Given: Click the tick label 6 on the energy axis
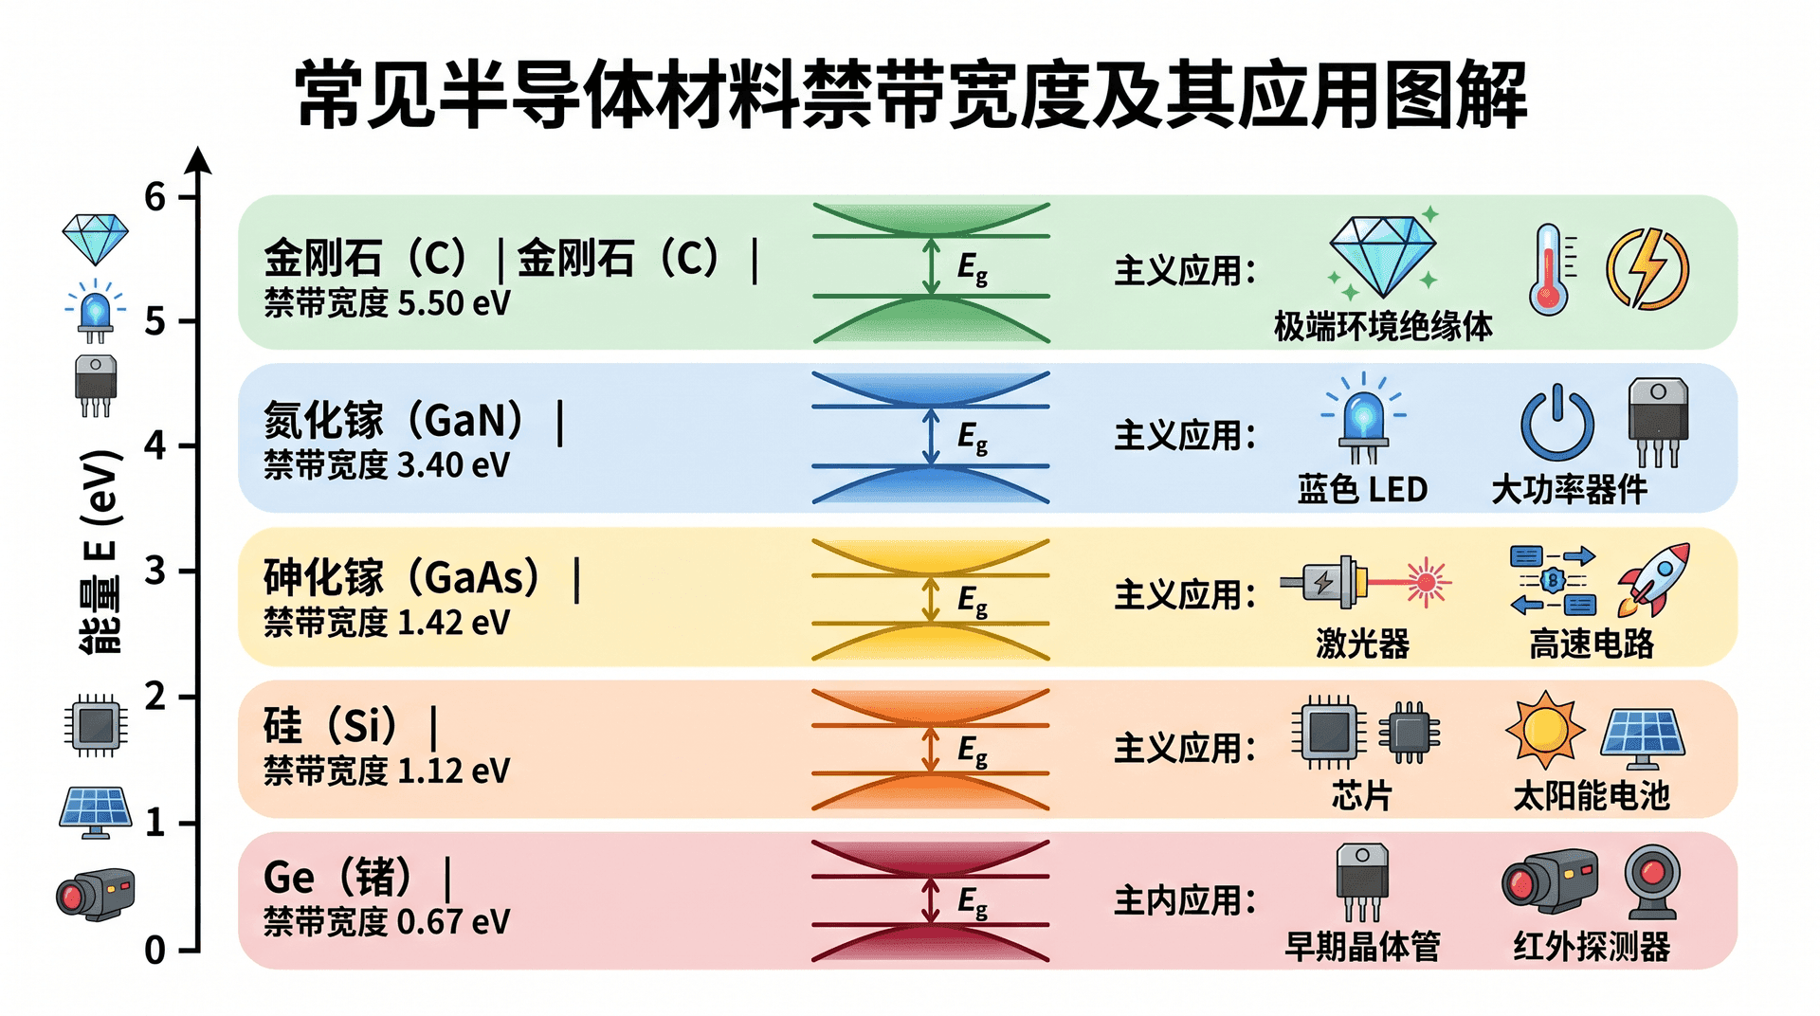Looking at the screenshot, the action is click(155, 197).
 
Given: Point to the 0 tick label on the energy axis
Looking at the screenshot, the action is click(155, 950).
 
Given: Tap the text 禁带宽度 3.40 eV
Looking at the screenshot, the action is click(387, 465).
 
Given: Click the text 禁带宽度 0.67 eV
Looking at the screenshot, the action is click(387, 921).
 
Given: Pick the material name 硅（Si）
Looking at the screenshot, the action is click(331, 726).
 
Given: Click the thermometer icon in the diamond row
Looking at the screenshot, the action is click(1549, 269).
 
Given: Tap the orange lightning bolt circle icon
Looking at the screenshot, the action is click(1647, 269).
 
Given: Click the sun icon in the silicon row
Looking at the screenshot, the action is click(1545, 729).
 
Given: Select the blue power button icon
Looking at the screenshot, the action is click(1557, 424).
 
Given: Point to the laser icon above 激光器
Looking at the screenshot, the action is click(1365, 582).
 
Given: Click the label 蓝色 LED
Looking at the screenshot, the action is click(1362, 490).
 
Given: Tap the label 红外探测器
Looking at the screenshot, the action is click(1592, 947).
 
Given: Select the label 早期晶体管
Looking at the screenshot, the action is click(1362, 947).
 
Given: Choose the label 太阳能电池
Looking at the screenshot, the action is click(1592, 796).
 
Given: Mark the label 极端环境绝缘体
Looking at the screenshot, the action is click(1383, 326).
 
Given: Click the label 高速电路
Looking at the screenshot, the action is click(1592, 644).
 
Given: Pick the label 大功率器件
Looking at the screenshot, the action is click(1570, 490).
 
